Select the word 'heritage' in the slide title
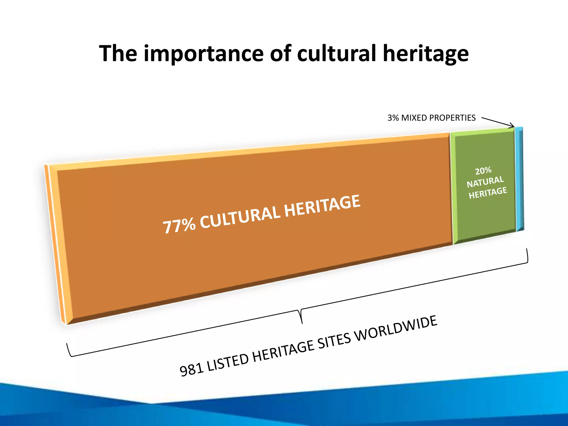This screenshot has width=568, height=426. (x=426, y=54)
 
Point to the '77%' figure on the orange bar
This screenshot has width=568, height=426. (x=179, y=226)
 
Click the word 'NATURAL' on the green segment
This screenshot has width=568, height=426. (x=485, y=182)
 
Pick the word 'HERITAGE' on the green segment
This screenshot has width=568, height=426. (x=488, y=193)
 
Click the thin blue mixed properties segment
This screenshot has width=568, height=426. (x=519, y=179)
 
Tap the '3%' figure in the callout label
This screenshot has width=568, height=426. (x=393, y=118)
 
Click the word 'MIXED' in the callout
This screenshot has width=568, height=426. (x=414, y=118)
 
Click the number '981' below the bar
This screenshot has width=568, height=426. (x=192, y=370)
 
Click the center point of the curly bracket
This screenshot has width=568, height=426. (x=301, y=316)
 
